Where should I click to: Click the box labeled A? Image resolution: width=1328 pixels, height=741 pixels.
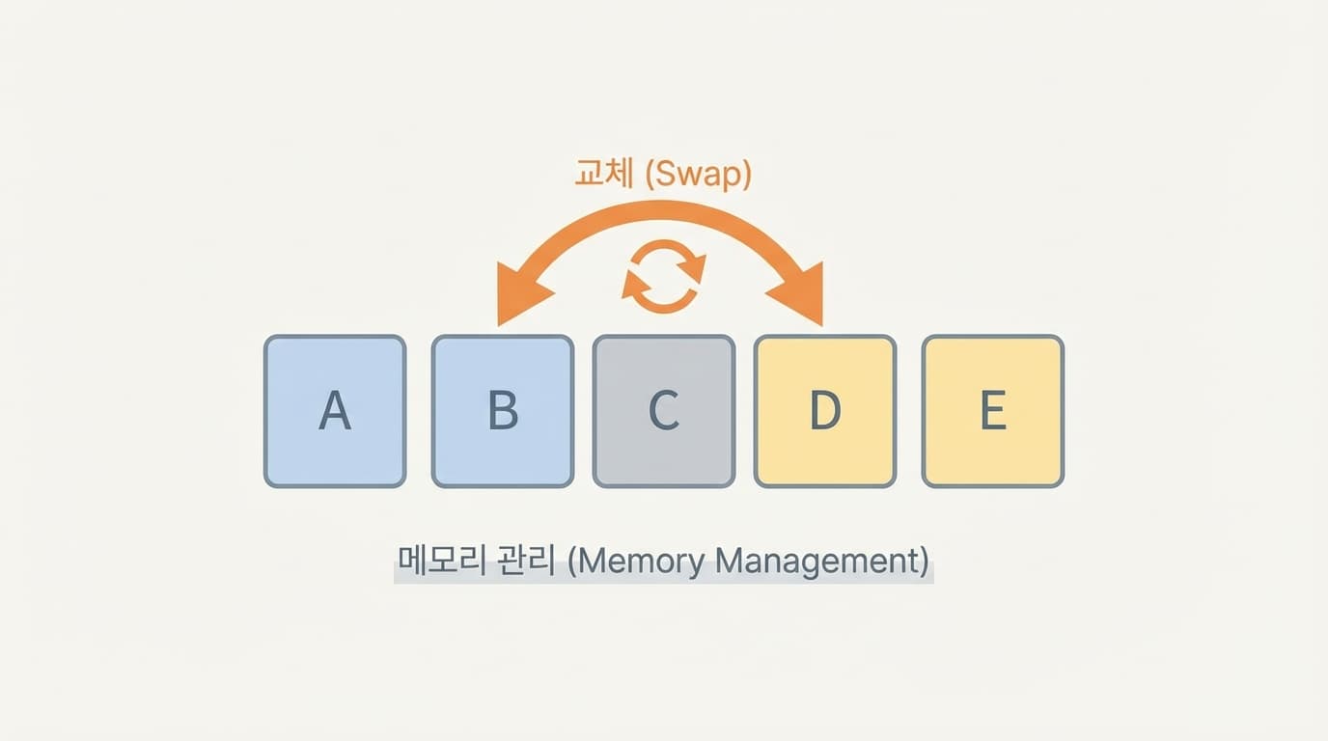(335, 411)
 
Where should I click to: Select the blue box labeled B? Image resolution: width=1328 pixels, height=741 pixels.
(503, 411)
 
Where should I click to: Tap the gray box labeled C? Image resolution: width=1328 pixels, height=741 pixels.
(664, 411)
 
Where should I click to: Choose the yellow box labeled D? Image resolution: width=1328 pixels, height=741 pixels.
(825, 411)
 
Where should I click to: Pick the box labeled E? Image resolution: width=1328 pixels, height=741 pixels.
(993, 411)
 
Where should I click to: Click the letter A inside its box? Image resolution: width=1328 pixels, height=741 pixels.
(335, 412)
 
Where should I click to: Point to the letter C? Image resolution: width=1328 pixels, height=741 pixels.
(664, 412)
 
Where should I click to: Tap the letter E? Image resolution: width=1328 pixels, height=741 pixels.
(993, 412)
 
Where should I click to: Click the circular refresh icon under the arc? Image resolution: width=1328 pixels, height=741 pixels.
(663, 277)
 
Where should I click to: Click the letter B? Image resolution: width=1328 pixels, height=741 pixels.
(503, 412)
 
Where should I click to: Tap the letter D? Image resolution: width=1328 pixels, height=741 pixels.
(825, 412)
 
